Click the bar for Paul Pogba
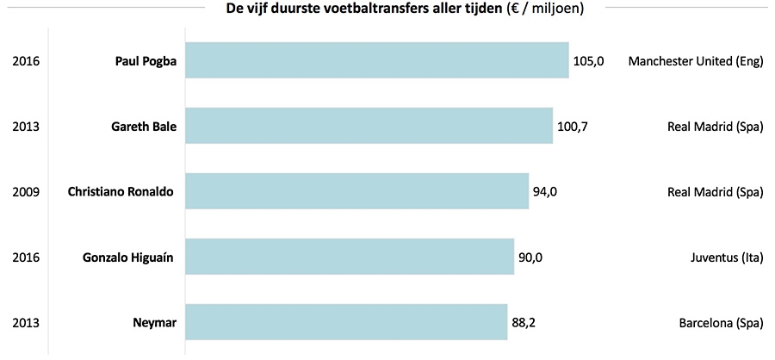(377, 61)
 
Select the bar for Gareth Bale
(369, 127)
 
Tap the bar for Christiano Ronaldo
(356, 191)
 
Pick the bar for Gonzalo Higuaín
(350, 257)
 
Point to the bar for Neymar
(345, 322)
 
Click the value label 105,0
(589, 61)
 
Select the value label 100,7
(573, 127)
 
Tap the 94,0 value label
(545, 191)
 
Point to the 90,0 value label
(530, 257)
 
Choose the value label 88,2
(525, 322)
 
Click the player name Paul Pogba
(146, 61)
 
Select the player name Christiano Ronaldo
(121, 191)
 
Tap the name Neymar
(155, 322)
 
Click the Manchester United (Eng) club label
(696, 61)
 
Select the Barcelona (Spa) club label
(721, 322)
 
